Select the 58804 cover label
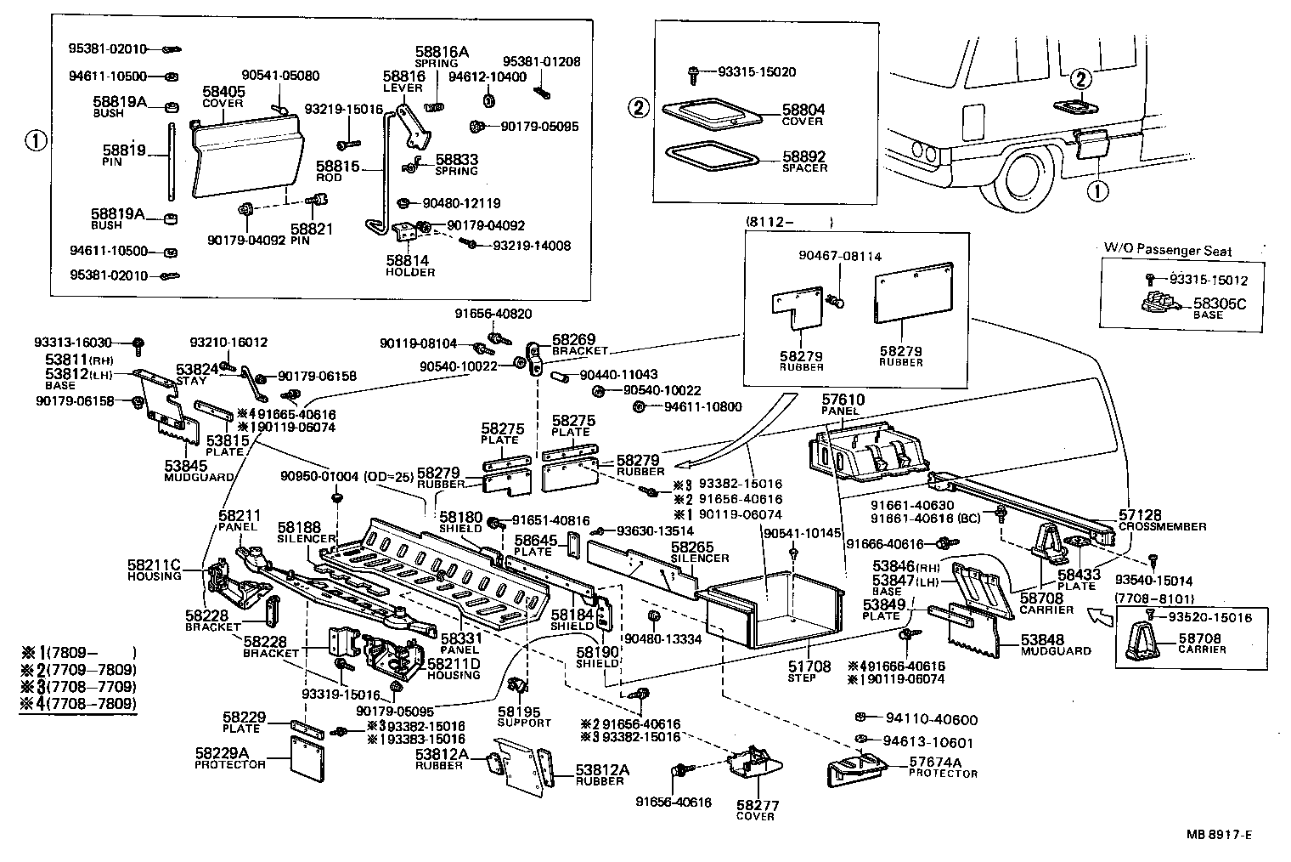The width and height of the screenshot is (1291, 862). tap(803, 115)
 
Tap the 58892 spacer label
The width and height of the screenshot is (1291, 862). tap(803, 162)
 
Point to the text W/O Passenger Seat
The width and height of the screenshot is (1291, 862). tap(1167, 251)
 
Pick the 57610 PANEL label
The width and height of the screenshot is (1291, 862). tap(842, 404)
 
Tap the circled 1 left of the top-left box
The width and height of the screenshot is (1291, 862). tap(35, 140)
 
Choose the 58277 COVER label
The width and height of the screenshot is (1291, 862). tap(756, 809)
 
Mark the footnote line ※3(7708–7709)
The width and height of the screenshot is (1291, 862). tap(78, 686)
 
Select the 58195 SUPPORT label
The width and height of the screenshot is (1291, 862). tap(524, 717)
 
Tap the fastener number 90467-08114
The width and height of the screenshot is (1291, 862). tap(839, 255)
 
